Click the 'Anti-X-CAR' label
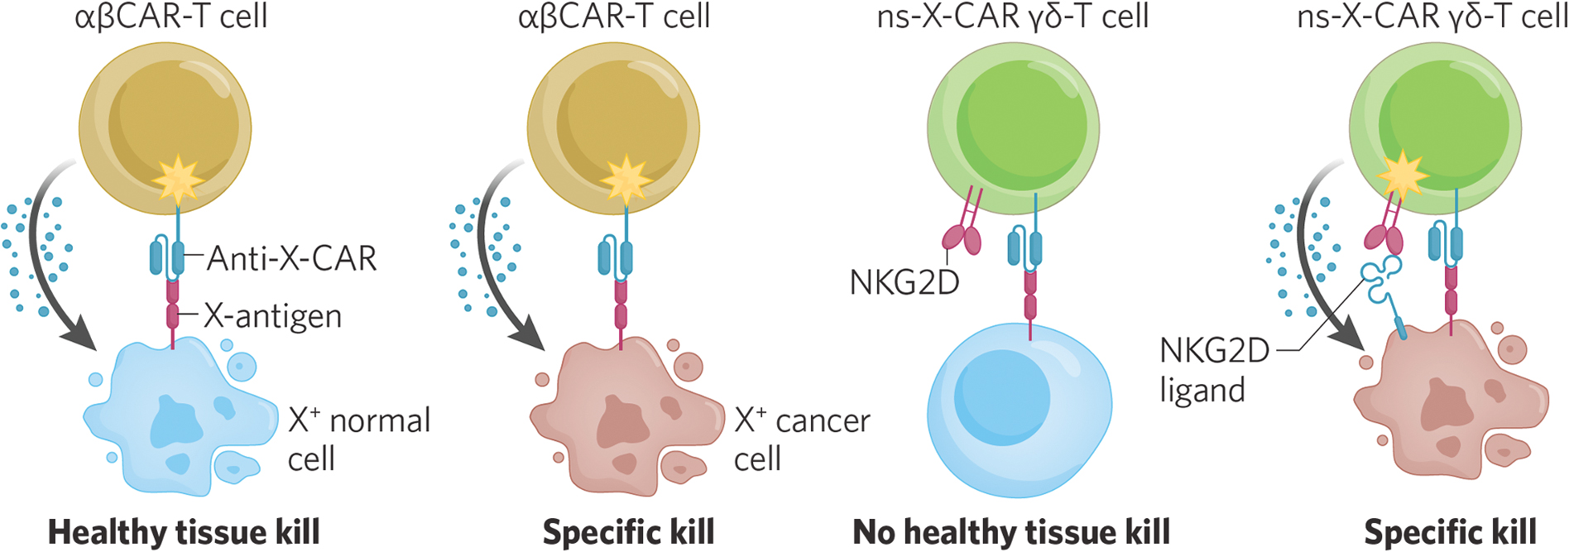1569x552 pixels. [x=291, y=259]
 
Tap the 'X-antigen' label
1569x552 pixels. [x=273, y=316]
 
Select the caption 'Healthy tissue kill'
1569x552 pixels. [x=184, y=532]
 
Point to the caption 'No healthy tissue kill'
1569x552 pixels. [x=1011, y=532]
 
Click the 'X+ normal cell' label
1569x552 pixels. [x=358, y=439]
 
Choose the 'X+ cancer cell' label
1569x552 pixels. [x=802, y=439]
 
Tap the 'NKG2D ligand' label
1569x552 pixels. [x=1213, y=369]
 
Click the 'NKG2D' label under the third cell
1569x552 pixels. [x=904, y=283]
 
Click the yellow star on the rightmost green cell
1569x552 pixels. [x=1401, y=175]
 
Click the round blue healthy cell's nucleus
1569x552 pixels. [x=1001, y=397]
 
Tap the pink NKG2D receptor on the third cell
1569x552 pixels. [x=962, y=238]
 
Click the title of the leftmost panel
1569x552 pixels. [x=171, y=17]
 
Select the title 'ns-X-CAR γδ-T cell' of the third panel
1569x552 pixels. [x=1012, y=17]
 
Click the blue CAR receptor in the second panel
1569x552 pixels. [x=616, y=257]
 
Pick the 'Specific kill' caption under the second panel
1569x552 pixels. [x=628, y=532]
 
